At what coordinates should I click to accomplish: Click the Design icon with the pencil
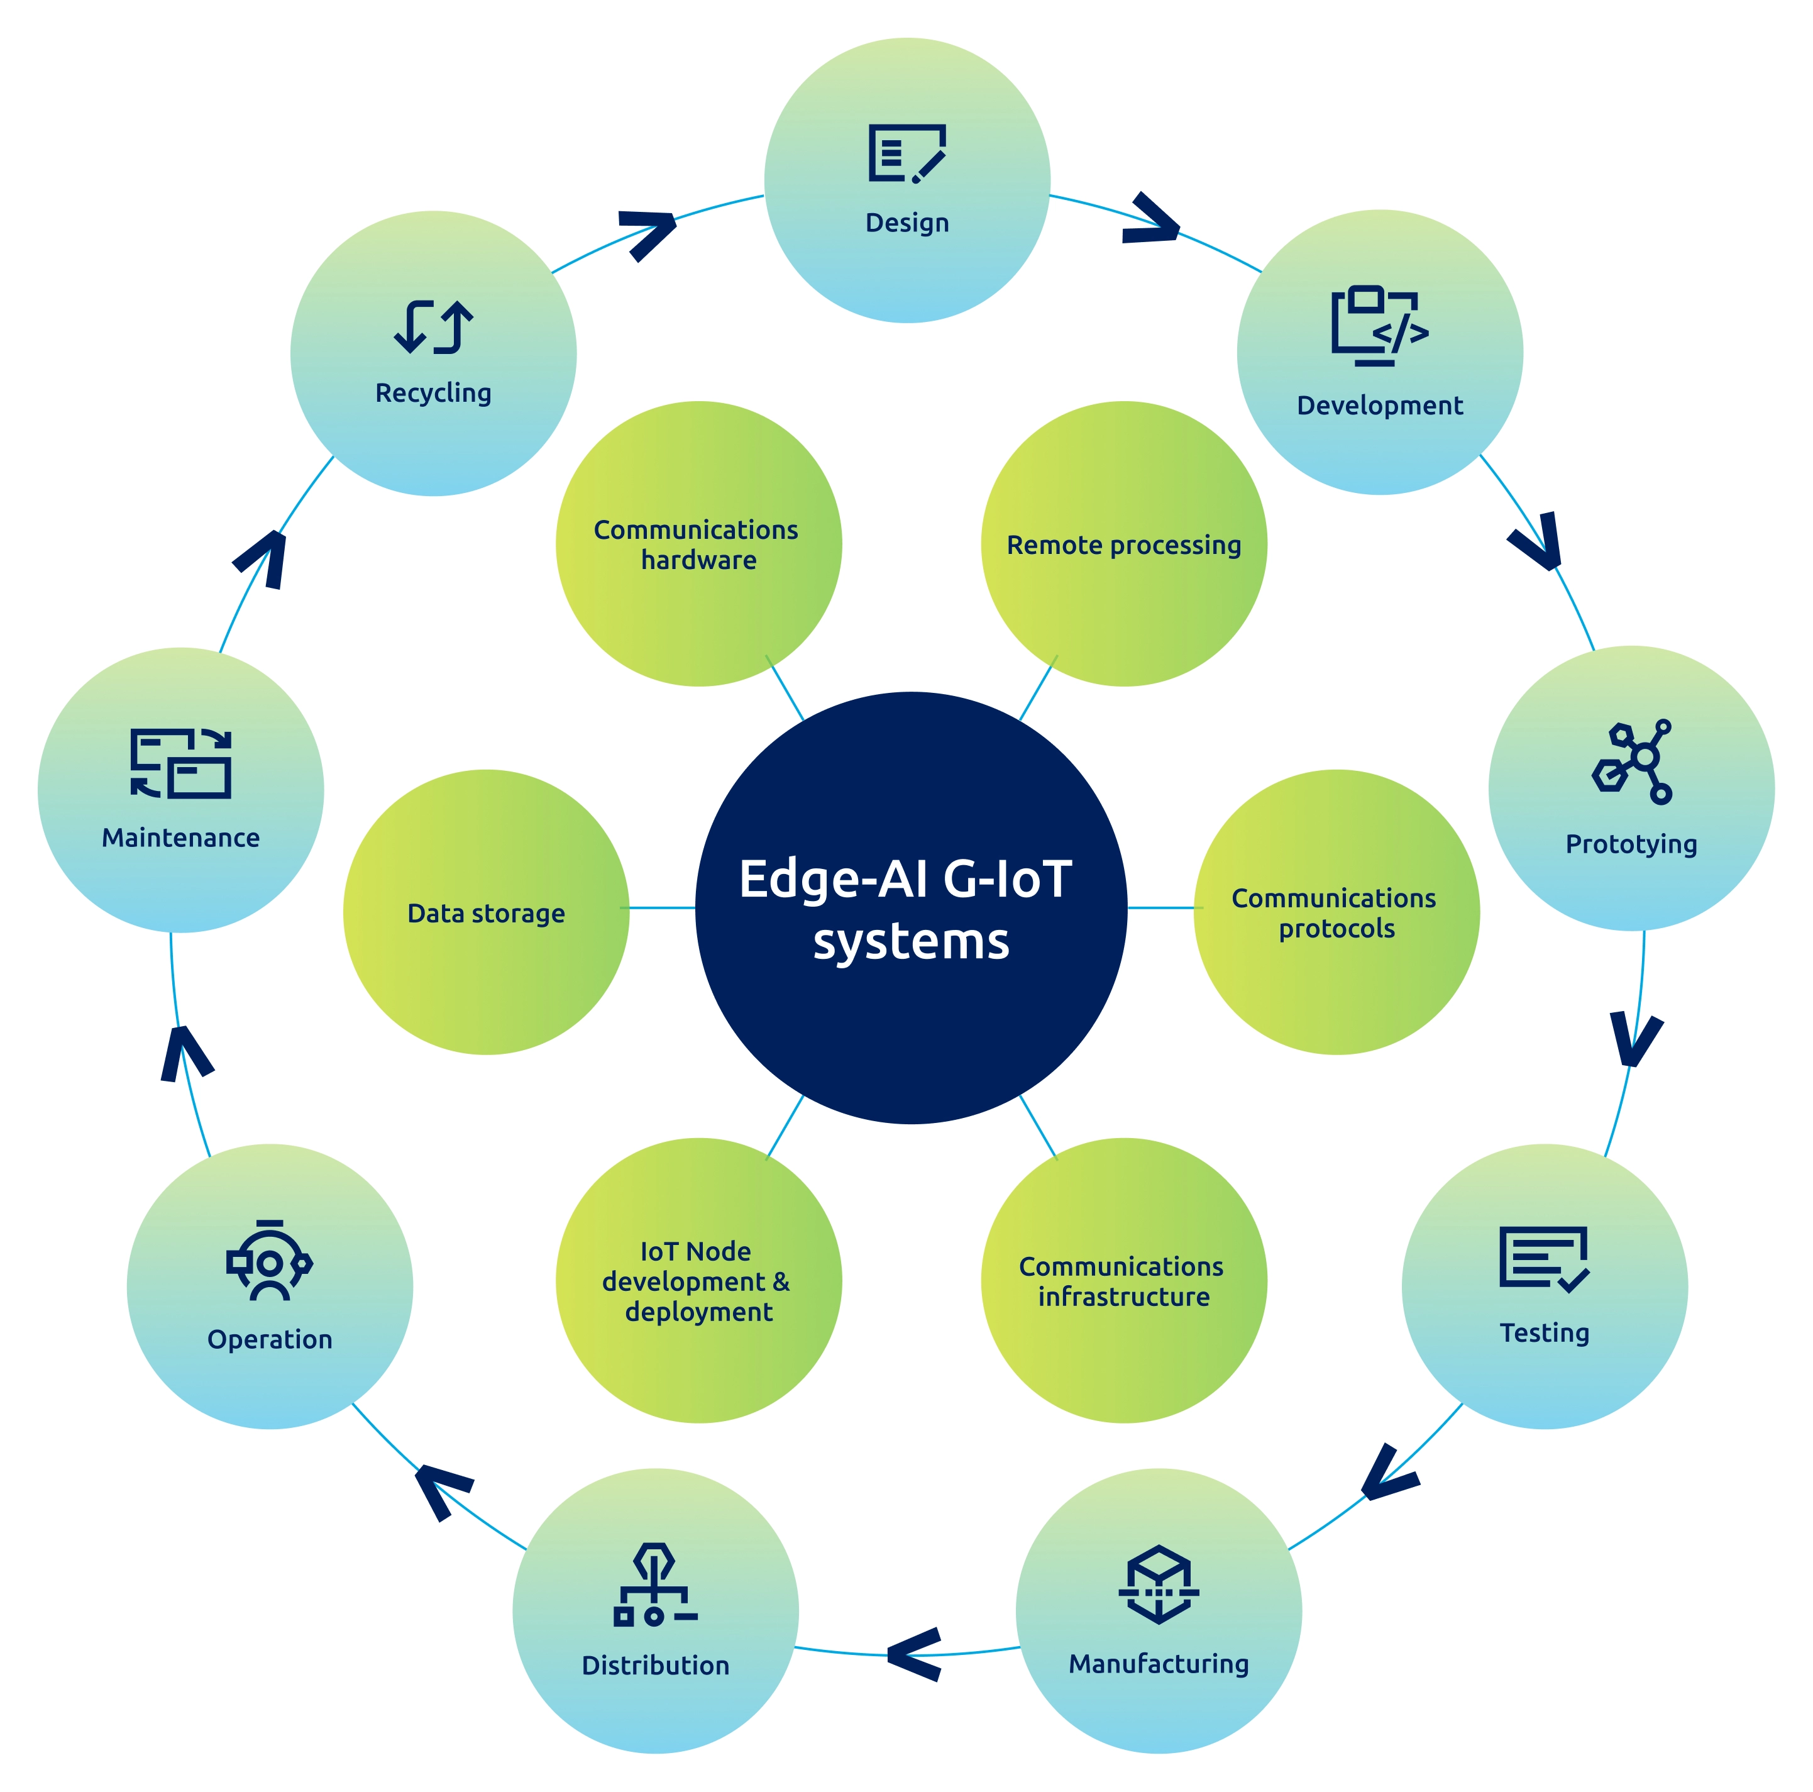(907, 153)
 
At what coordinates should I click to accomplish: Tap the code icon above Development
(1379, 325)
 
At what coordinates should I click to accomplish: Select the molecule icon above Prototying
(1632, 761)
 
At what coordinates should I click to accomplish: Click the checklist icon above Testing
(1544, 1259)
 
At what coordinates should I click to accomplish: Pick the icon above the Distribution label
(655, 1584)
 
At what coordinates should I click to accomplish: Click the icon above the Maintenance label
(180, 763)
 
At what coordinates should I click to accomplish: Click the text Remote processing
(1123, 545)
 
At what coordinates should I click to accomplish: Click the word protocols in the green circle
(1336, 929)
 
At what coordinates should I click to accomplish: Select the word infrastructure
(1123, 1297)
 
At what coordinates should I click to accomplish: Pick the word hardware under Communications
(698, 560)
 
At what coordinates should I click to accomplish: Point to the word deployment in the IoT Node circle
(698, 1312)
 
